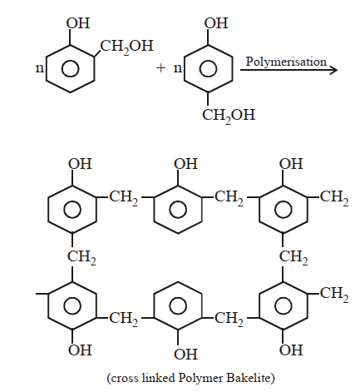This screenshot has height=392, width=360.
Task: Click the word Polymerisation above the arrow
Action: pyautogui.click(x=286, y=62)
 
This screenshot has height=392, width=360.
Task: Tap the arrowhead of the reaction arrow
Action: pyautogui.click(x=333, y=70)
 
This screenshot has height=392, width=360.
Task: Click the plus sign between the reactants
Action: pyautogui.click(x=160, y=68)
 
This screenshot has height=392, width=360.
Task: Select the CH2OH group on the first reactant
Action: pyautogui.click(x=126, y=47)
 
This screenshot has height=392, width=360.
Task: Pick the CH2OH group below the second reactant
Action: pyautogui.click(x=229, y=115)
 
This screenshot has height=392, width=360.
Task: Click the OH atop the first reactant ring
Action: pyautogui.click(x=78, y=23)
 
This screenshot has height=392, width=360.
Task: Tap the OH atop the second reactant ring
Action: pyautogui.click(x=216, y=23)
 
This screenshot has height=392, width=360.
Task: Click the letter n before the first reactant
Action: pyautogui.click(x=40, y=68)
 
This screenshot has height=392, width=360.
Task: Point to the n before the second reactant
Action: pyautogui.click(x=178, y=68)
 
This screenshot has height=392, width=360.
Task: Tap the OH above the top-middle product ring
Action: pyautogui.click(x=185, y=164)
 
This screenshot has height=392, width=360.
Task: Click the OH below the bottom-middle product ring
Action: pyautogui.click(x=185, y=355)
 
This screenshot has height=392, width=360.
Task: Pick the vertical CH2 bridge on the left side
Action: pyautogui.click(x=81, y=257)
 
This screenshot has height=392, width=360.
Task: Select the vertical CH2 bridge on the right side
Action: pyautogui.click(x=293, y=257)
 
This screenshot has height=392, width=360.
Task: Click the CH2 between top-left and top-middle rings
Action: pyautogui.click(x=124, y=197)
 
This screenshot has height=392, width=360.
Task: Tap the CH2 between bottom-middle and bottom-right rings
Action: pyautogui.click(x=229, y=319)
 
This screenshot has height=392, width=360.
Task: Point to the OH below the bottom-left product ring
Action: pyautogui.click(x=80, y=350)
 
